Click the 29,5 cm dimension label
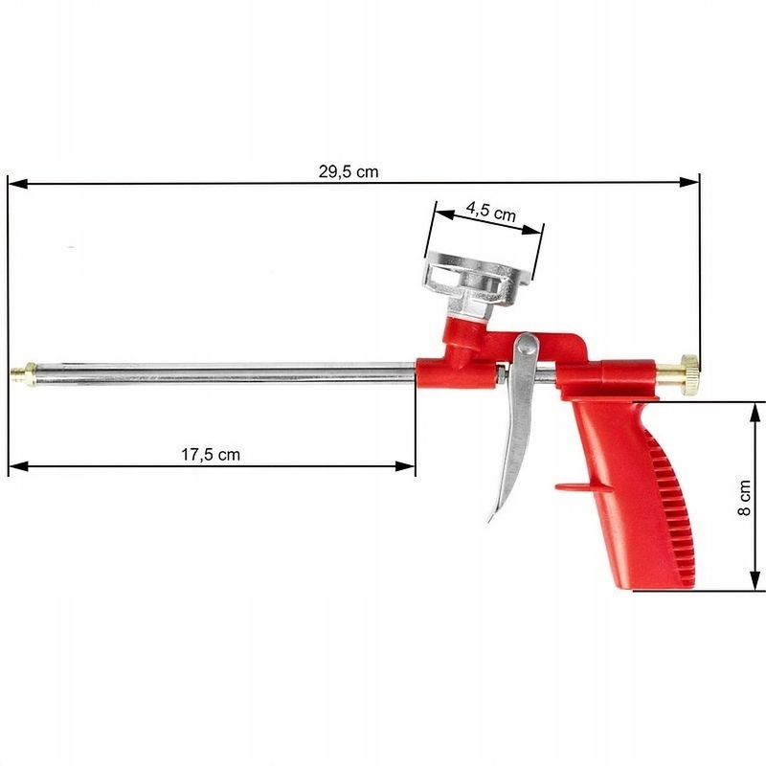(349, 172)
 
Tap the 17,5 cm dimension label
(211, 455)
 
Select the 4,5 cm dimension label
(490, 212)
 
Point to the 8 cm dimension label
(745, 498)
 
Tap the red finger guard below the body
(584, 486)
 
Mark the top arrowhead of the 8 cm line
(755, 411)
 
